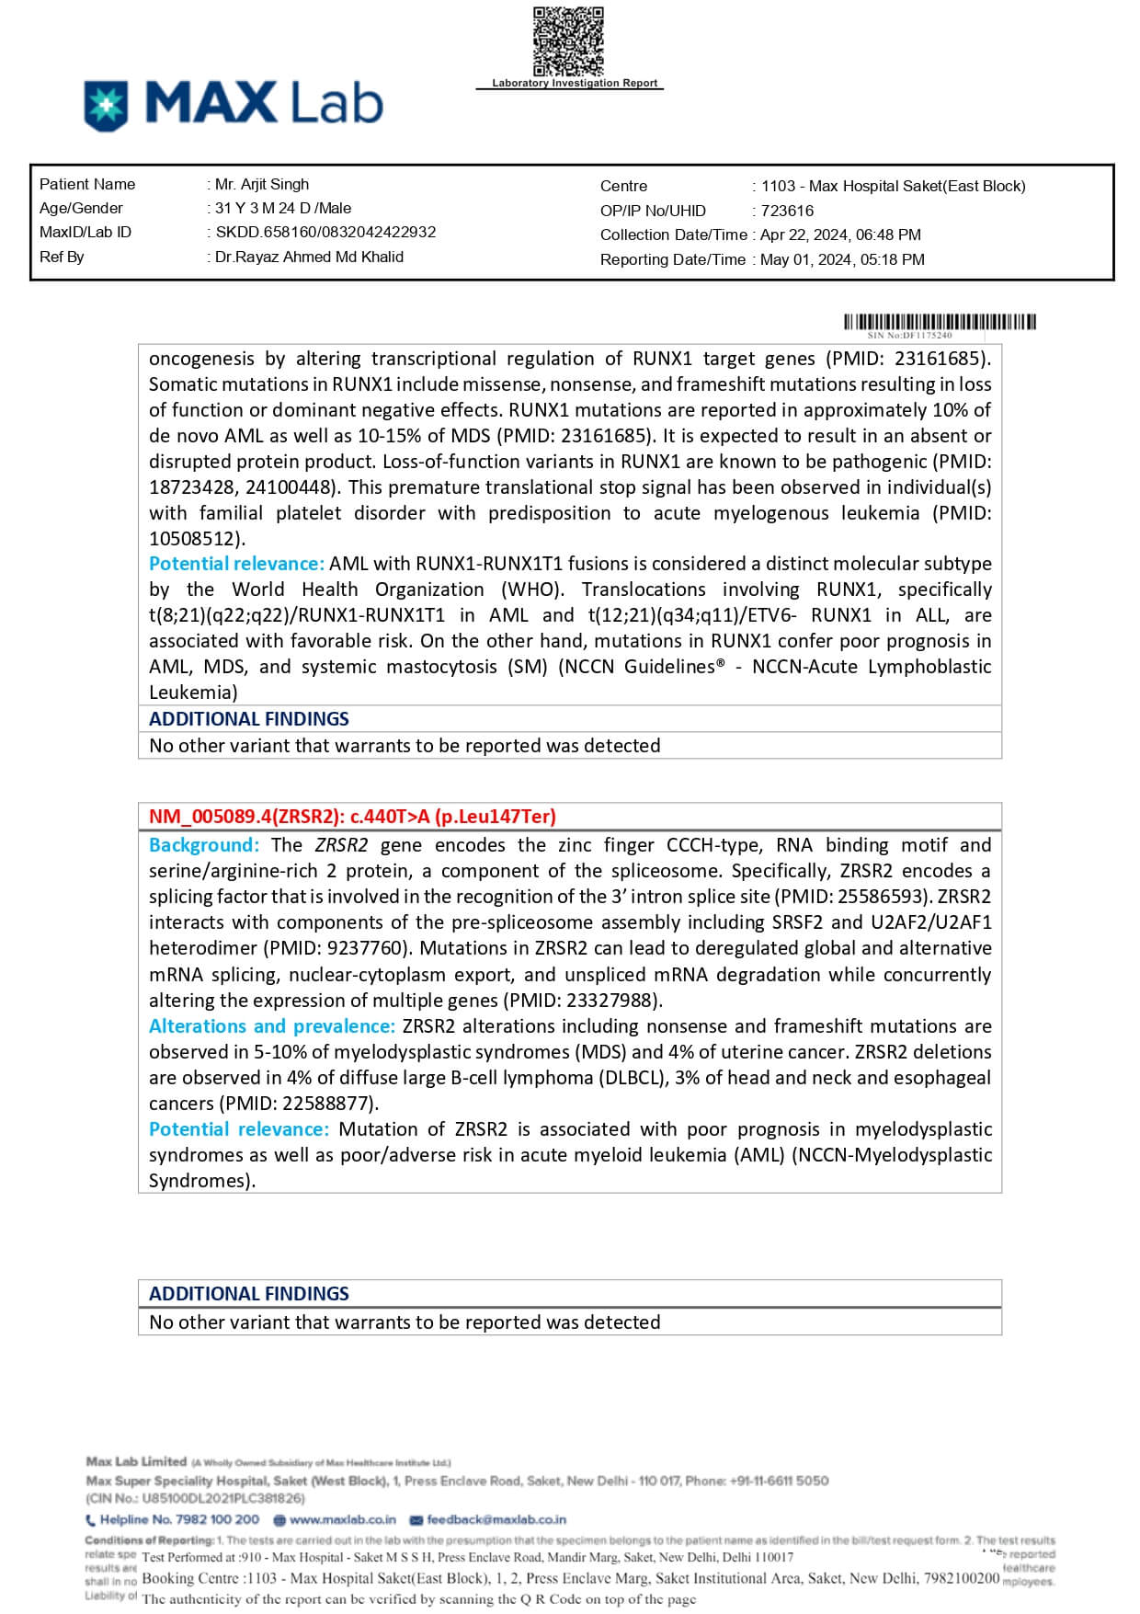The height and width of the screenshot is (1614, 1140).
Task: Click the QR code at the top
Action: [x=568, y=41]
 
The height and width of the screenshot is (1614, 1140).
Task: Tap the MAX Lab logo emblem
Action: [x=106, y=105]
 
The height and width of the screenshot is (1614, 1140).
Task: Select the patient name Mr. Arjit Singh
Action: [x=262, y=184]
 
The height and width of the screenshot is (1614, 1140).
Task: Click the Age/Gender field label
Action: [x=81, y=208]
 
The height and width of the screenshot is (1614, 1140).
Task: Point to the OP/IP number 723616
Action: [x=787, y=211]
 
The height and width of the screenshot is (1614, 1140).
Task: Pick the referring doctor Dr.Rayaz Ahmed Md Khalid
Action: [x=309, y=257]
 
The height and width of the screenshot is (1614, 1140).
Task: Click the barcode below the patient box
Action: [x=940, y=322]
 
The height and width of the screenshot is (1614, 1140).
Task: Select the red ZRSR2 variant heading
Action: [x=352, y=816]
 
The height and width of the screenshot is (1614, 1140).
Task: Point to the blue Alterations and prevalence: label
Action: [x=272, y=1025]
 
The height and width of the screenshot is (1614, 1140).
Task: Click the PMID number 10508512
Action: [x=195, y=538]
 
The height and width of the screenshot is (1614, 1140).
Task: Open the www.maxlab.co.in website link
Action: [x=342, y=1519]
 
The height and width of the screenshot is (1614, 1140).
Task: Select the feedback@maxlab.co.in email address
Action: [x=496, y=1519]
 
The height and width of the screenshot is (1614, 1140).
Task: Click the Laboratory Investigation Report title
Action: [x=575, y=83]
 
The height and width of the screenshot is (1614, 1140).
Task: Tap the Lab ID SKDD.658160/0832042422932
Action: [x=325, y=232]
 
